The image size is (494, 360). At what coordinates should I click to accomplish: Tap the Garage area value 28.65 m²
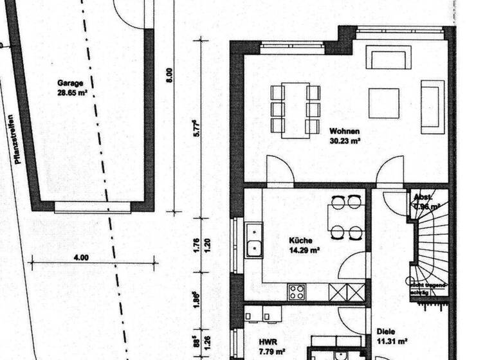[72, 93]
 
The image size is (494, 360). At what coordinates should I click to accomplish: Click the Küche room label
[300, 240]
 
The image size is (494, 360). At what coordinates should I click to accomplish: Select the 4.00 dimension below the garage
[81, 257]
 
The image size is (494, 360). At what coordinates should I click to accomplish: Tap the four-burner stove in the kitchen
[297, 292]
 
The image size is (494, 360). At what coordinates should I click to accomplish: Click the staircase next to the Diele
[430, 251]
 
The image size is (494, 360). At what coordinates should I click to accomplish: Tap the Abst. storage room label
[423, 198]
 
